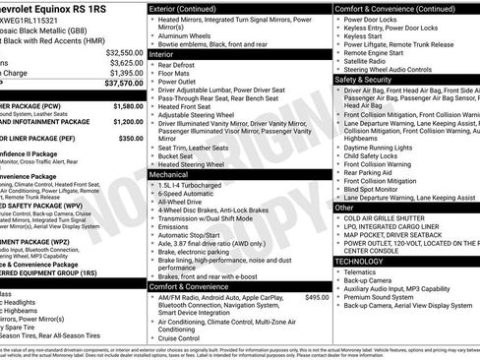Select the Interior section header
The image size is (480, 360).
[x=163, y=57]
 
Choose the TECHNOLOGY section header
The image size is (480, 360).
[x=361, y=261]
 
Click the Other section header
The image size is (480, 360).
[x=345, y=208]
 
